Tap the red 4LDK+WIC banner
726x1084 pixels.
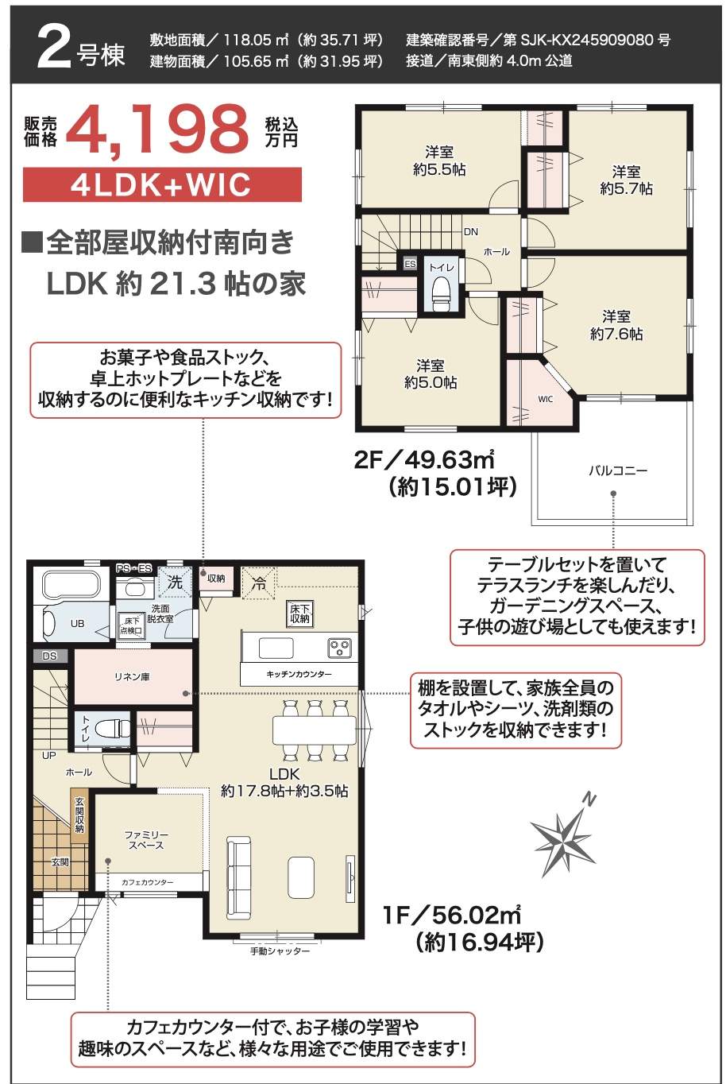pos(163,184)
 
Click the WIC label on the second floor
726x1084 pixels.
pos(545,399)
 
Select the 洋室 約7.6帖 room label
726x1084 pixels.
pos(616,325)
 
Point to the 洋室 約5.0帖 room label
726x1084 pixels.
pos(431,374)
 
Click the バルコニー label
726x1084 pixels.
pos(618,470)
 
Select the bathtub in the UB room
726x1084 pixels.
pos(71,586)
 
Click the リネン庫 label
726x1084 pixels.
pos(132,677)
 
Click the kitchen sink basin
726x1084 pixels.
pos(276,648)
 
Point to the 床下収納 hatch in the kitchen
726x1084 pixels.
pos(300,614)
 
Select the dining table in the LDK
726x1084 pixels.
pos(315,730)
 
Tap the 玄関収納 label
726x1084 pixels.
pos(79,815)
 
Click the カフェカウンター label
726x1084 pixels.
pos(148,882)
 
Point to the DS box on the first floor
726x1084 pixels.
pos(50,656)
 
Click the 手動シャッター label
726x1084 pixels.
pos(280,950)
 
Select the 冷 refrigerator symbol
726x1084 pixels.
pos(259,583)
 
